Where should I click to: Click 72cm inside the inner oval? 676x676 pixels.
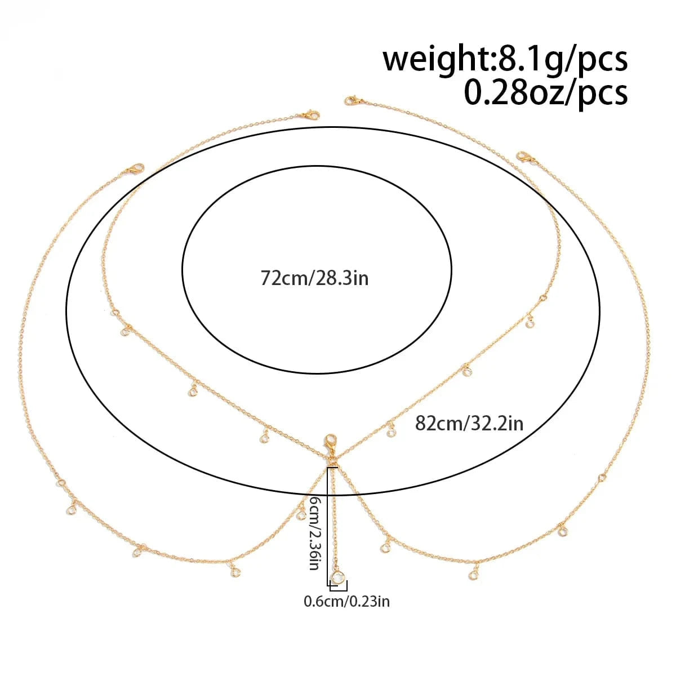click(x=283, y=278)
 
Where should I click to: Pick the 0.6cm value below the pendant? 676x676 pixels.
click(x=324, y=602)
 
